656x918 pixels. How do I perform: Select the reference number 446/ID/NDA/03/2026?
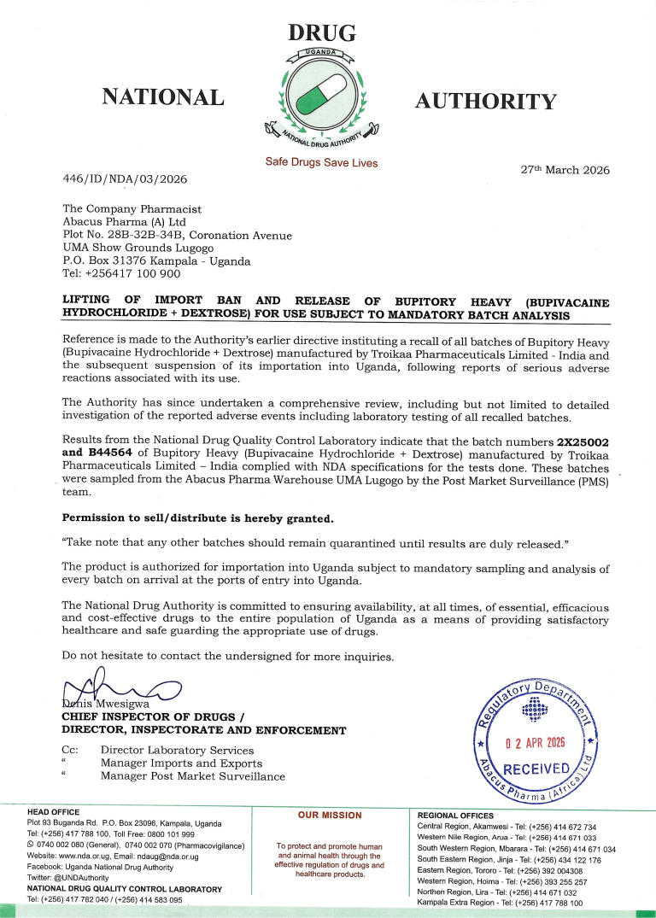pyautogui.click(x=125, y=179)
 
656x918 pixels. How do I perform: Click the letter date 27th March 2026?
pyautogui.click(x=565, y=170)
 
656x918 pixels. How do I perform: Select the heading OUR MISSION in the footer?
pyautogui.click(x=330, y=815)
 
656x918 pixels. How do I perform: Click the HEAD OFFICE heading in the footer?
pyautogui.click(x=54, y=811)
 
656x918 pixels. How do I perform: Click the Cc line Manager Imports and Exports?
pyautogui.click(x=181, y=763)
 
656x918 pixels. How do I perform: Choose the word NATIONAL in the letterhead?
pyautogui.click(x=163, y=96)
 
